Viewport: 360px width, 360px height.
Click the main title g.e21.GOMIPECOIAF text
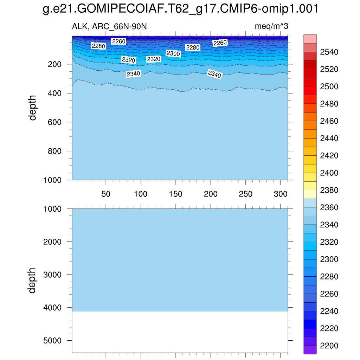click(x=180, y=9)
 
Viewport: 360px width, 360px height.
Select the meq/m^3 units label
click(x=271, y=27)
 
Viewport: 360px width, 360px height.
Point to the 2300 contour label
click(x=173, y=54)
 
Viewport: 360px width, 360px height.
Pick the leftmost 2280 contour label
click(x=98, y=46)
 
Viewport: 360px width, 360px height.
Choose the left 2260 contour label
click(x=118, y=41)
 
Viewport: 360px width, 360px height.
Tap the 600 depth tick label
click(x=55, y=122)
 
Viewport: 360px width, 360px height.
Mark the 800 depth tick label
click(x=55, y=151)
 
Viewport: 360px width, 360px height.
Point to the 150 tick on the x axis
click(x=175, y=194)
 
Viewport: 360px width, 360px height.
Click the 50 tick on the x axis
click(x=106, y=194)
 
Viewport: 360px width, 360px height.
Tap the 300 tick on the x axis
click(x=280, y=194)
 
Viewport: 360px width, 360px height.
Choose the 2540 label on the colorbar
click(x=329, y=52)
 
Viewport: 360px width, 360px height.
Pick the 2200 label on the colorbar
click(x=329, y=346)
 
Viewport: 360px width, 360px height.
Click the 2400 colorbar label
click(x=329, y=173)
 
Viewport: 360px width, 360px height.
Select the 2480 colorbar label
click(x=329, y=104)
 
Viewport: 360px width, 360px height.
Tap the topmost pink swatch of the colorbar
click(x=310, y=39)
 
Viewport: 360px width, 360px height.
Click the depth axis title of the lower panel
click(x=32, y=280)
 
